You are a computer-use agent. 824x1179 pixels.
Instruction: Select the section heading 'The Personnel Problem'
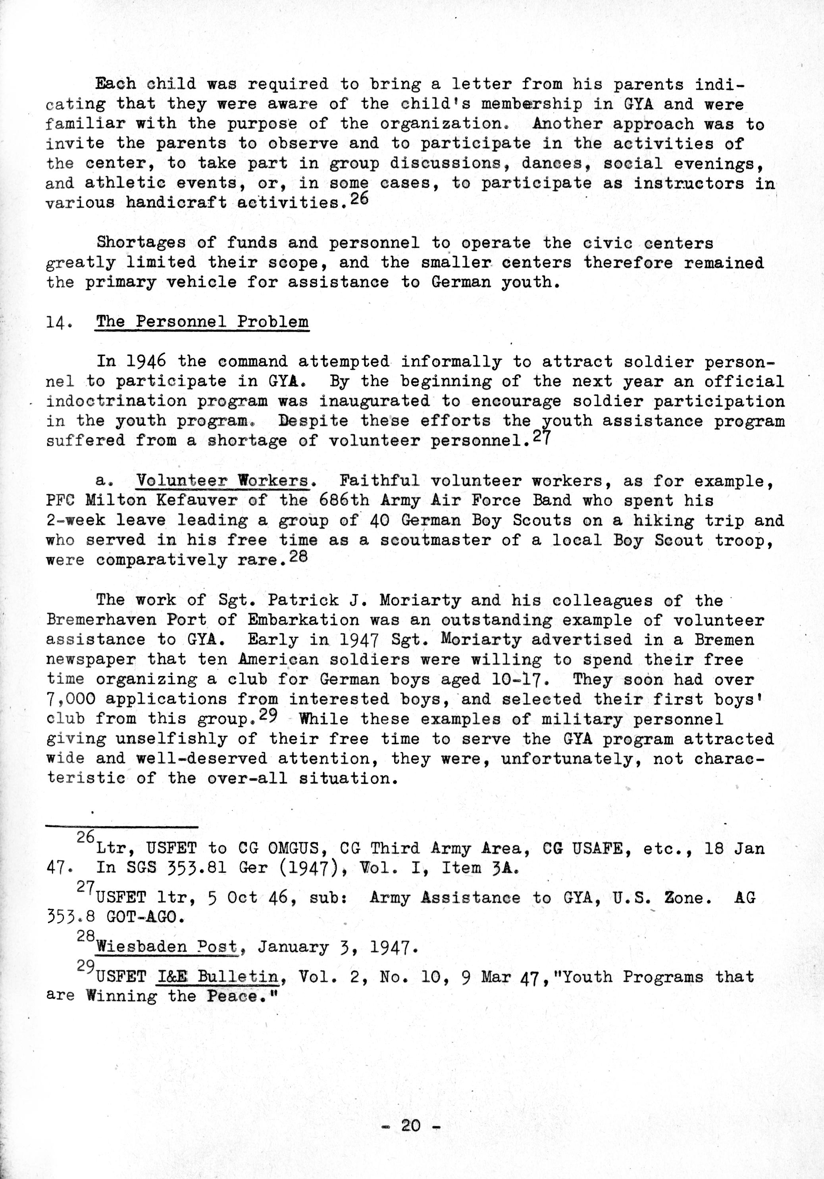click(202, 322)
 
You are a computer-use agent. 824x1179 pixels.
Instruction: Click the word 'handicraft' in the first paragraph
click(176, 203)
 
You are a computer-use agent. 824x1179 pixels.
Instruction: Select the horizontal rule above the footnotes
click(122, 826)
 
